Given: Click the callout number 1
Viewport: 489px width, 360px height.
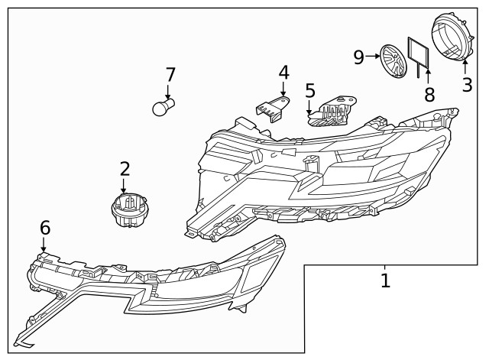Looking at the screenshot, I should click(385, 281).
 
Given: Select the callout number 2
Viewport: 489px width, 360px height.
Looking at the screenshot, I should click(125, 169).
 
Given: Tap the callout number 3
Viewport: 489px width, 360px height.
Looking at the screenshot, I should click(467, 85).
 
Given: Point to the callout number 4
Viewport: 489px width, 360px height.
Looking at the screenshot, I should click(283, 73).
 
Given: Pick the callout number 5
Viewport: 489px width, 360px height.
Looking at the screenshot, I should click(309, 91).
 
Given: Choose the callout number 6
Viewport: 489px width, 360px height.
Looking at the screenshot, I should click(44, 227).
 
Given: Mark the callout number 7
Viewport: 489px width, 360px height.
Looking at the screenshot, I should click(170, 75).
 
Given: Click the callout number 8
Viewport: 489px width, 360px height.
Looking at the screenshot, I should click(429, 95).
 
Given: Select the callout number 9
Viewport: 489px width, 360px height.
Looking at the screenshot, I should click(359, 56).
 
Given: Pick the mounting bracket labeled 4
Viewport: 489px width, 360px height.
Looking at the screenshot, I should click(271, 109).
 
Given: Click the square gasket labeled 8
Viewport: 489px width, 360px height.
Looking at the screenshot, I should click(417, 54).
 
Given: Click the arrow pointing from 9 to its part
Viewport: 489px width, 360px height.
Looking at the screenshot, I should click(373, 56).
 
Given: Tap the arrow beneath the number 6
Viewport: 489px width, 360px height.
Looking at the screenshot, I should click(44, 245).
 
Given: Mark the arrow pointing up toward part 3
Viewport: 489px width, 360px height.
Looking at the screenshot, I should click(465, 66).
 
